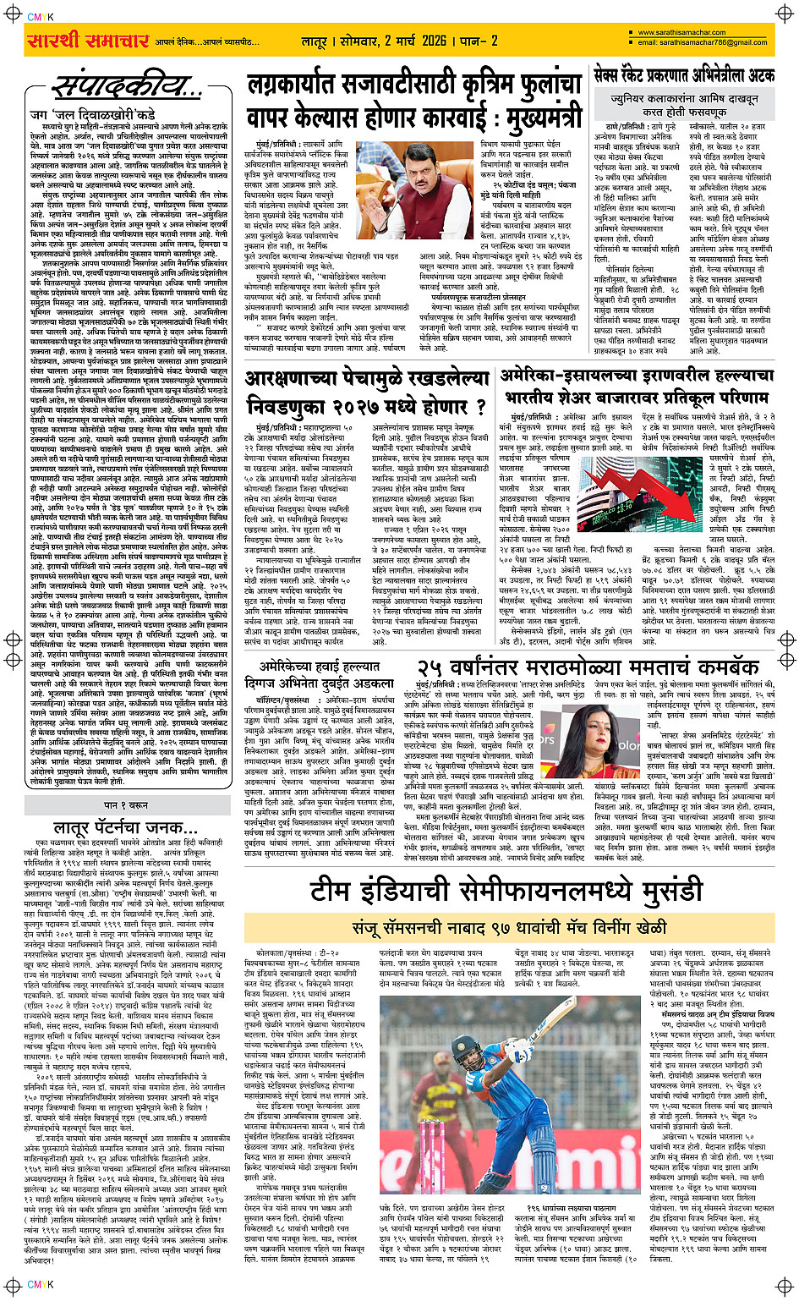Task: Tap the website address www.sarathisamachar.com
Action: pos(688,33)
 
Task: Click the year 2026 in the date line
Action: pos(434,41)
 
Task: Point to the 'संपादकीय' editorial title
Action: pos(119,85)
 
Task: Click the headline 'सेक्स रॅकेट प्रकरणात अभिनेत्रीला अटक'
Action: pos(684,75)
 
